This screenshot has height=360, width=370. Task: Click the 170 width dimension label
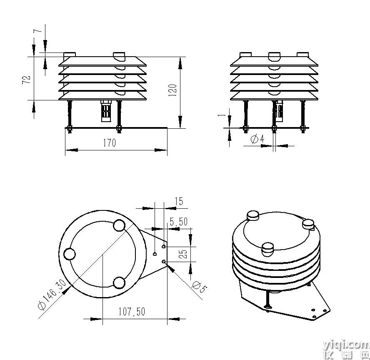[110, 143]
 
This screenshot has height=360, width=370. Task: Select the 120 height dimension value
[173, 90]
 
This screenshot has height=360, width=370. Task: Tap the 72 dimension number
[26, 79]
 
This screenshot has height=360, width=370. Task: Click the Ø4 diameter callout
[257, 139]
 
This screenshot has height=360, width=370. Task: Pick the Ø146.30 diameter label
[52, 295]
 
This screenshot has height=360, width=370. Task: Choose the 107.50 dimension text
[132, 312]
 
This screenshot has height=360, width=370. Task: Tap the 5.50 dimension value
[179, 222]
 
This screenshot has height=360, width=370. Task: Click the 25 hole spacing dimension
[183, 254]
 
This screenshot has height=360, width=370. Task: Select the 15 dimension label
[179, 201]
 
